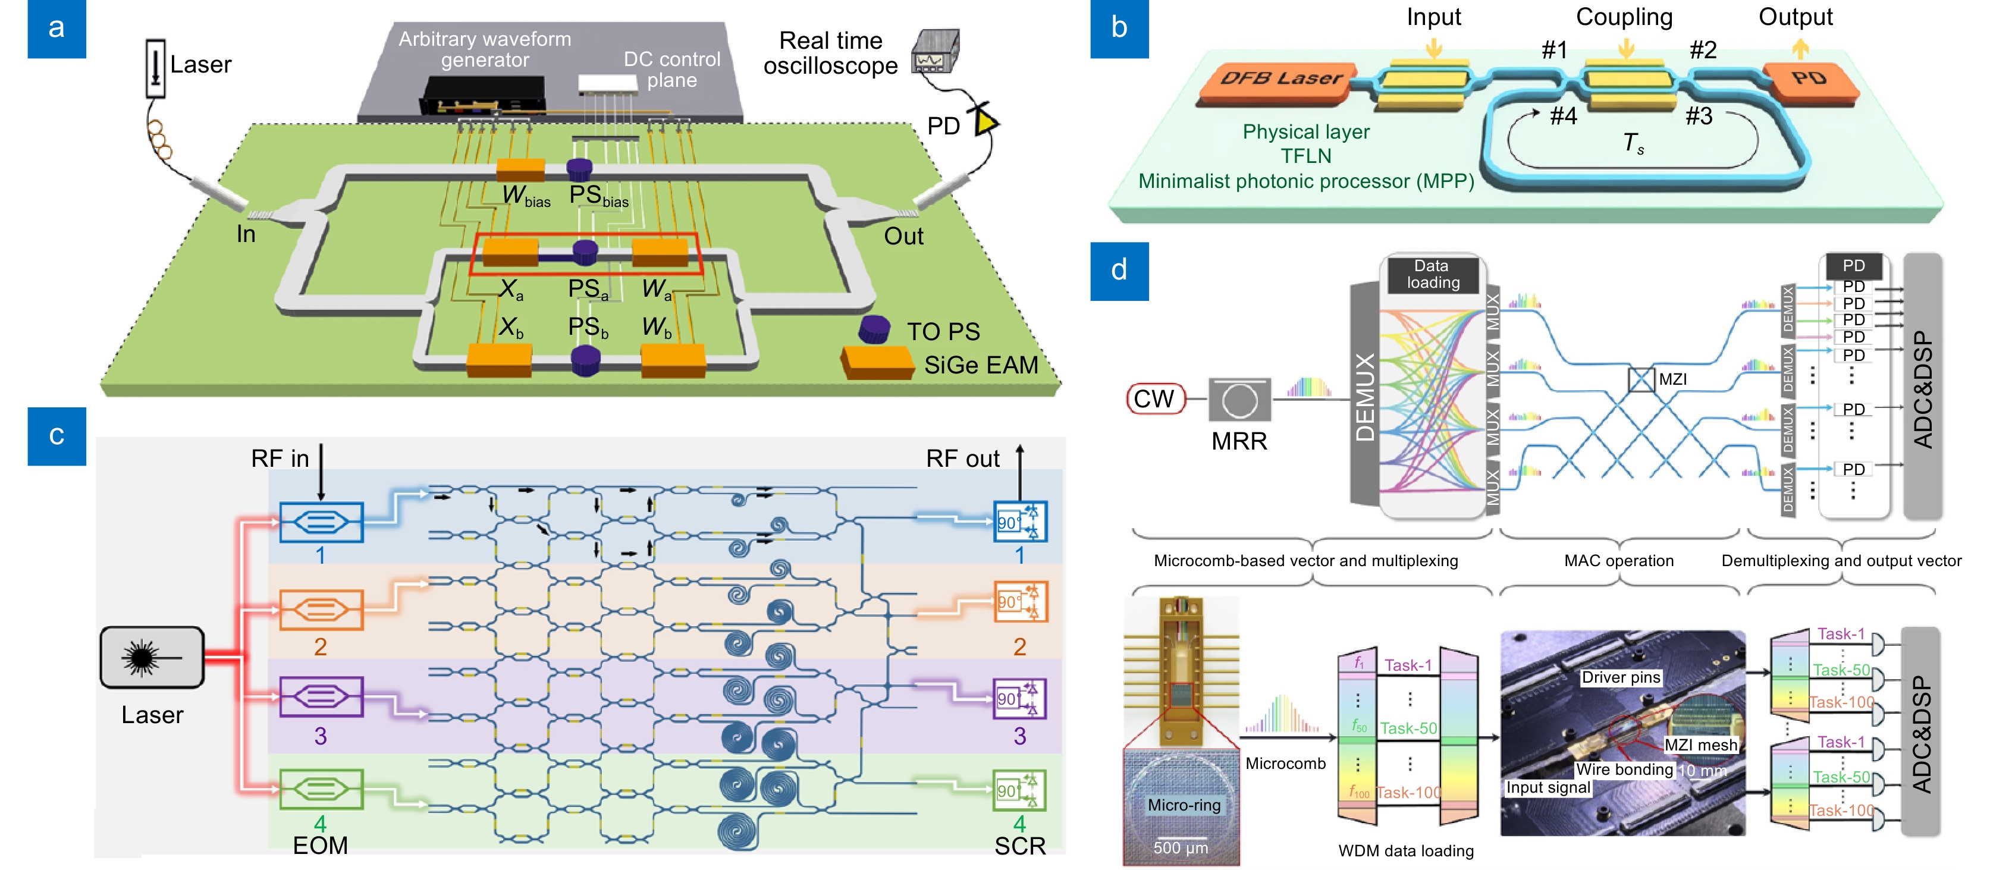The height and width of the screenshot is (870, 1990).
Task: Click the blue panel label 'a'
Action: point(57,29)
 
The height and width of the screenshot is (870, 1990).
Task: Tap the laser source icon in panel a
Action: point(155,68)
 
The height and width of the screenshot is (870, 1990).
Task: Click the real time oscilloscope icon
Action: point(936,52)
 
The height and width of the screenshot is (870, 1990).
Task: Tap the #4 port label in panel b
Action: point(1563,116)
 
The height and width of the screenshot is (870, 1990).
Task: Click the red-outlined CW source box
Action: point(1155,398)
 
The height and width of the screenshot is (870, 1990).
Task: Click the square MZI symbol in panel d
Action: point(1641,379)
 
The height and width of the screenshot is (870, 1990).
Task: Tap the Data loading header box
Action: point(1432,274)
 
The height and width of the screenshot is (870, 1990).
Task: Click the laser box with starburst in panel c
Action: point(152,658)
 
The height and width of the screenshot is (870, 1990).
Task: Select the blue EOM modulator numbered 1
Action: point(321,522)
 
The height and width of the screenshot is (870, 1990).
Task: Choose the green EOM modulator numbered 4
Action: point(321,789)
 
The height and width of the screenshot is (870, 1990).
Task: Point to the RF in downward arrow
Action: point(321,472)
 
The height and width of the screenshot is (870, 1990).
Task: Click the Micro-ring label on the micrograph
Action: point(1184,805)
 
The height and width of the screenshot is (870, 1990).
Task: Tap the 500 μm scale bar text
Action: point(1179,847)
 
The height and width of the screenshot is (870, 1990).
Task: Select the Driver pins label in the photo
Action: point(1621,677)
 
